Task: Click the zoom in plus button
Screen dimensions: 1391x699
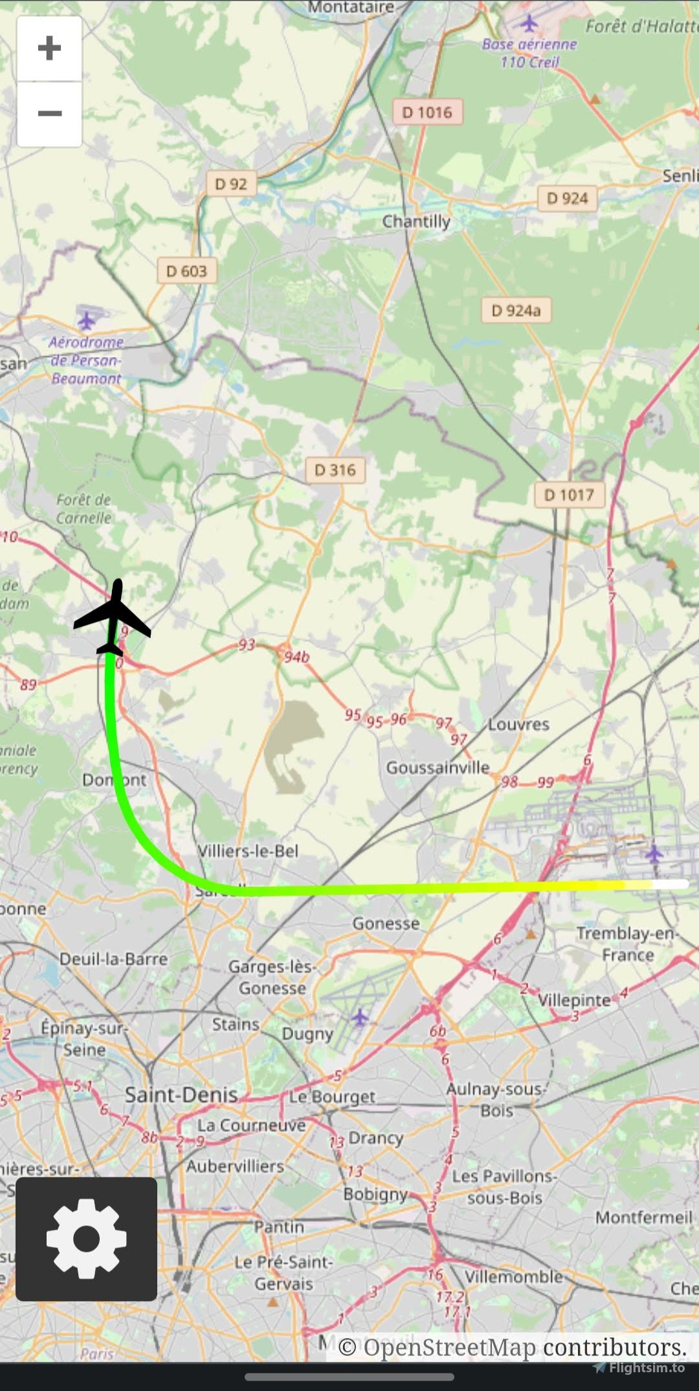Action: [x=49, y=49]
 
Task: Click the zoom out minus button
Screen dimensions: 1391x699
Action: [x=49, y=114]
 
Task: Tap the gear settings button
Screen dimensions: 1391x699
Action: [x=86, y=1238]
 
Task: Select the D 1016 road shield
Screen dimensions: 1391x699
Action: [x=427, y=113]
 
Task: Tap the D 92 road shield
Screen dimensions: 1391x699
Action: [x=231, y=184]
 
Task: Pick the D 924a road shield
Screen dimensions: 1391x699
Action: [x=516, y=311]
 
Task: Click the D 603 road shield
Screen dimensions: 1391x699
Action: [x=186, y=271]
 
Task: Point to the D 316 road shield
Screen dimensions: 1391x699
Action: [x=335, y=470]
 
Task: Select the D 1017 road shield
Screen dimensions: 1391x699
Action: [x=569, y=496]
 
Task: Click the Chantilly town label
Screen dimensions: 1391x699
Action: [x=416, y=222]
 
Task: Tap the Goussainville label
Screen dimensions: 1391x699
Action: [x=438, y=768]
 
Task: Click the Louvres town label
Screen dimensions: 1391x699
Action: [x=518, y=725]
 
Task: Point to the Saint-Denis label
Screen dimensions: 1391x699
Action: [x=181, y=1095]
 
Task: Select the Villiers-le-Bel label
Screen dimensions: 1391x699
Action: [x=248, y=851]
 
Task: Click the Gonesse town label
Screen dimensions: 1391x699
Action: [x=386, y=924]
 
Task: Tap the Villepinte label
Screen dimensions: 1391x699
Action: [x=574, y=1000]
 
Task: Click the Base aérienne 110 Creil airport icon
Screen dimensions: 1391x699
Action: [x=529, y=25]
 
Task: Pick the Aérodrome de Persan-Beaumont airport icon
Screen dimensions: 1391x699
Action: [x=86, y=321]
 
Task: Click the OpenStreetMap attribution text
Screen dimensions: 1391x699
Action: [x=512, y=1348]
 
